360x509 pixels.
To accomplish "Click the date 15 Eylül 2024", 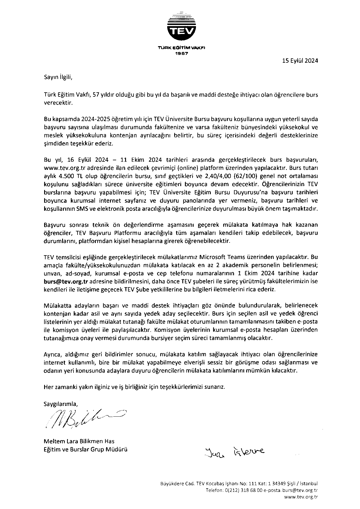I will [x=300, y=61].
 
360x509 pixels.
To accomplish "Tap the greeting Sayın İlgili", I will [x=57, y=78].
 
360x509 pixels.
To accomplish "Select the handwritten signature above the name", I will [x=84, y=418].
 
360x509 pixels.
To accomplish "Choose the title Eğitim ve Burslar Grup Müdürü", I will [x=85, y=449].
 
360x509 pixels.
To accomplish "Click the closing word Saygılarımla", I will [x=61, y=404].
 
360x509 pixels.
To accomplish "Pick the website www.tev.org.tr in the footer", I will [x=301, y=497].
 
